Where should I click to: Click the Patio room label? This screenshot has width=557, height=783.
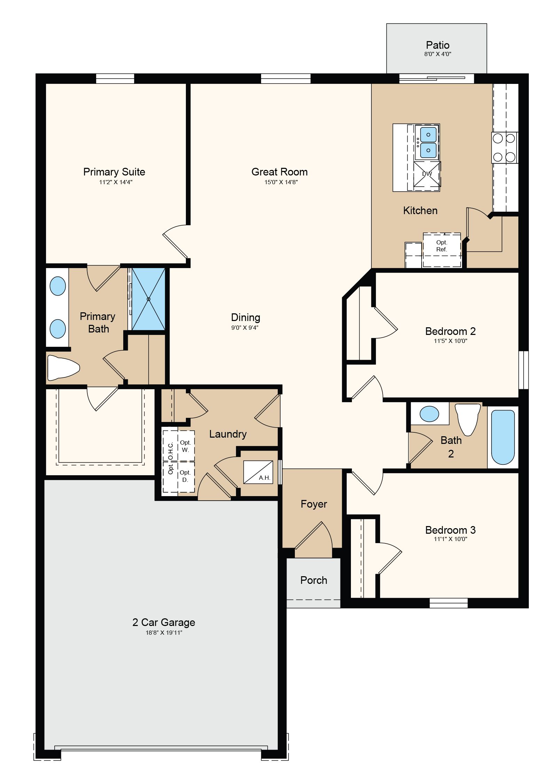tap(437, 45)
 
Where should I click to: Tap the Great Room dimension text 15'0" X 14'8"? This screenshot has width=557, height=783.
tap(281, 182)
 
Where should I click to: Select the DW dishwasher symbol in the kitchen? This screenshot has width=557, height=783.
tap(427, 174)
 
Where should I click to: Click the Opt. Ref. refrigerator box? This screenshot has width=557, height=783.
tap(442, 250)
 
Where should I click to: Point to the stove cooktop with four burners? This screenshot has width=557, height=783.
tap(504, 148)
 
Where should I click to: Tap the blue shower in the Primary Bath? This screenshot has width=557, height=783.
tap(148, 299)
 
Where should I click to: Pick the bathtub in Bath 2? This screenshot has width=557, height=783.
tap(503, 437)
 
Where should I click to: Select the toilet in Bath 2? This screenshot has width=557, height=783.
tap(468, 419)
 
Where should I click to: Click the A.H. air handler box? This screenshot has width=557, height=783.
tap(258, 472)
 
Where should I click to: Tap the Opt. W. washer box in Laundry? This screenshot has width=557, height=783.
tap(186, 446)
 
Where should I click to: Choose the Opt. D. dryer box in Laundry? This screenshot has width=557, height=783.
tap(186, 476)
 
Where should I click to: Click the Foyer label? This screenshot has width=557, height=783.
tap(314, 504)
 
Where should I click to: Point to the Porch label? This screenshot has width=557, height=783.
tap(314, 580)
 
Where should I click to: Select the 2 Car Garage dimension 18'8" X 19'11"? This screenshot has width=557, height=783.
tap(164, 633)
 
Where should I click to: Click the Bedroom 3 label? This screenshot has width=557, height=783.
tap(450, 530)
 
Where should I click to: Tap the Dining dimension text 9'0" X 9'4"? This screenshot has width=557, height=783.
tap(245, 328)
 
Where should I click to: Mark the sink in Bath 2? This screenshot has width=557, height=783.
tap(429, 414)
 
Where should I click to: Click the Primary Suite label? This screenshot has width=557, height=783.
tap(114, 172)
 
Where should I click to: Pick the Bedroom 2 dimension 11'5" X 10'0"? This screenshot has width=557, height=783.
tap(450, 341)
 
